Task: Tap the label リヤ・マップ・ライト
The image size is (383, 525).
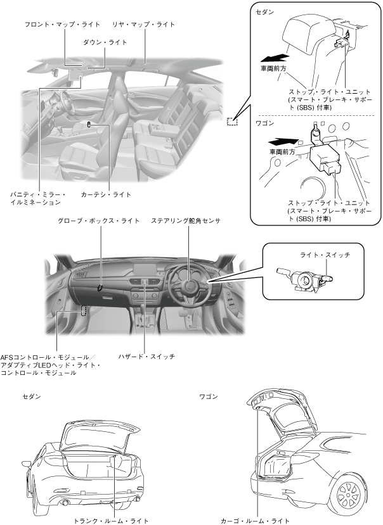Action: [x=143, y=25]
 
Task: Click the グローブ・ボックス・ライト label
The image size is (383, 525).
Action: [x=98, y=221]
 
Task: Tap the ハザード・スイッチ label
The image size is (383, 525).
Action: [x=146, y=357]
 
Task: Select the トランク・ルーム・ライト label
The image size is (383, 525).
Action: [x=111, y=521]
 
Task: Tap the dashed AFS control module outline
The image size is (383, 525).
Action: [x=84, y=311]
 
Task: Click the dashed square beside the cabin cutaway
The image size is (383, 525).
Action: [x=232, y=120]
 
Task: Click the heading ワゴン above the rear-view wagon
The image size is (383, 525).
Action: [x=209, y=397]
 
